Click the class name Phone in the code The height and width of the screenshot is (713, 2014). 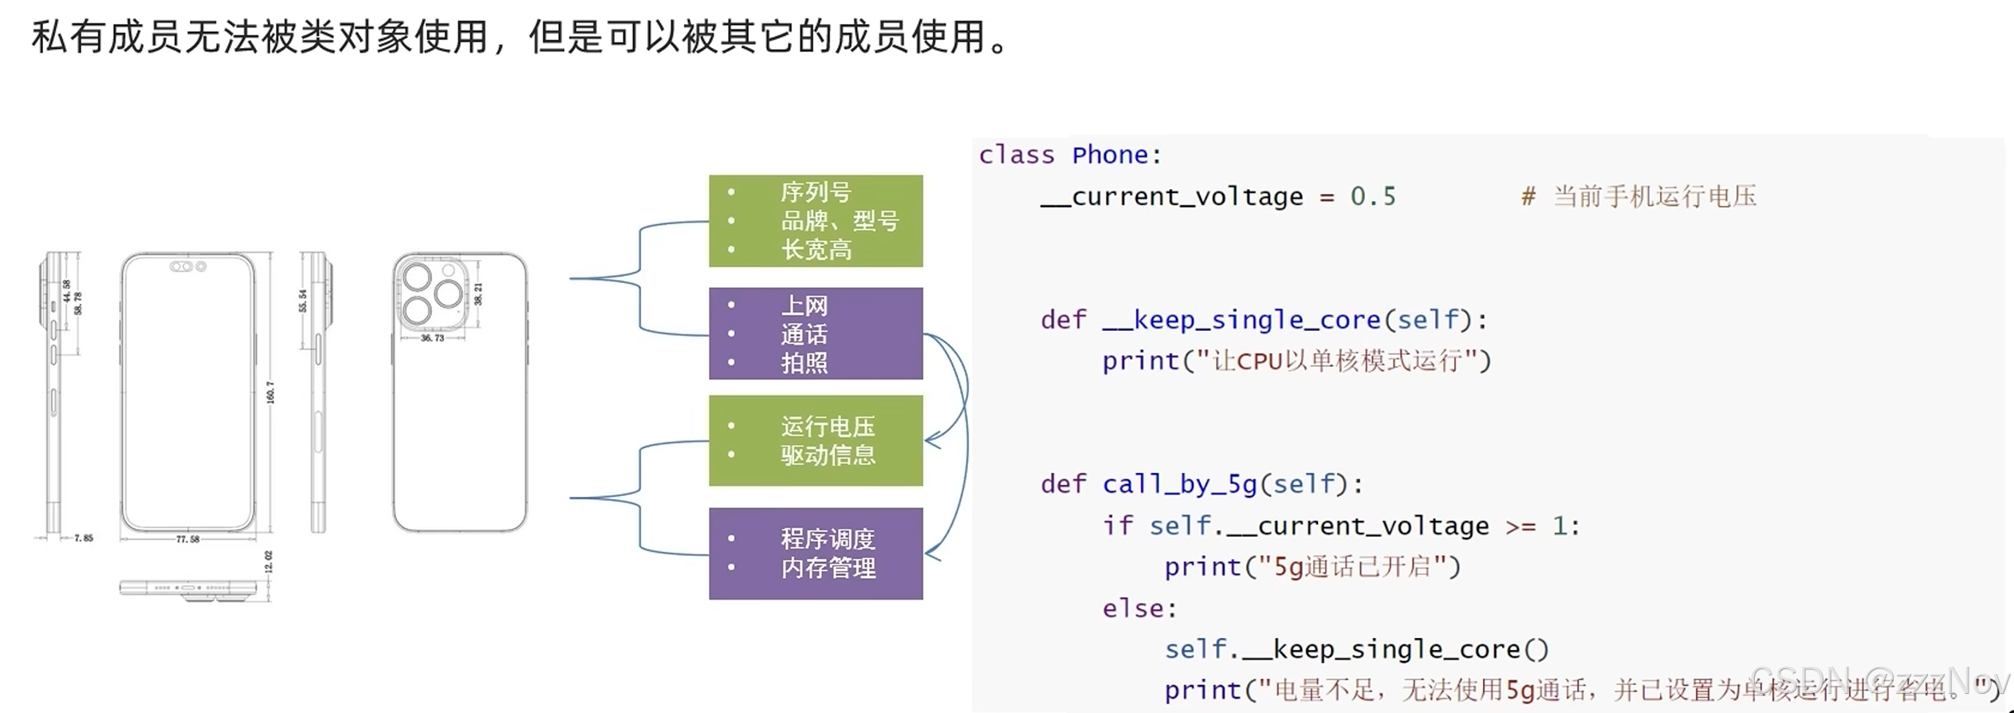[x=1109, y=155]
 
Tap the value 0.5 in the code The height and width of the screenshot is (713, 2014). [x=1372, y=196]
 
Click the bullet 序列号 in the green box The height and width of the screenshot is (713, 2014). [x=815, y=192]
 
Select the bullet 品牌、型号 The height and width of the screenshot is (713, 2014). [x=839, y=221]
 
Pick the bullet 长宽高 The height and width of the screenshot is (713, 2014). [x=816, y=250]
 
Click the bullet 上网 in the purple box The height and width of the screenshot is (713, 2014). [x=804, y=305]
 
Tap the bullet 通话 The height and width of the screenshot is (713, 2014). [x=804, y=334]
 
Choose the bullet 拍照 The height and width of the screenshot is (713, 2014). [x=804, y=363]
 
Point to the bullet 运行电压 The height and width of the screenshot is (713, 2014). [x=828, y=427]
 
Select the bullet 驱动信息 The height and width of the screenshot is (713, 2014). [x=828, y=455]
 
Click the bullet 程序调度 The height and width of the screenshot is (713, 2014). [x=828, y=539]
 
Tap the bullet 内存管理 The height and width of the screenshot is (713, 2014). [x=828, y=568]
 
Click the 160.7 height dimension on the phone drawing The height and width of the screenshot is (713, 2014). [x=270, y=392]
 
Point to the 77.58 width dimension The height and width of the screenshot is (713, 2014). [x=187, y=540]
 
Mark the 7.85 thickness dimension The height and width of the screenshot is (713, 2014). [x=83, y=538]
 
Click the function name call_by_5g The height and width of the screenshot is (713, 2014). [x=1179, y=484]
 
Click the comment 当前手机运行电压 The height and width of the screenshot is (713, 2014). [x=1654, y=196]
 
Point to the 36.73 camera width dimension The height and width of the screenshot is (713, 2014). [x=432, y=338]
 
